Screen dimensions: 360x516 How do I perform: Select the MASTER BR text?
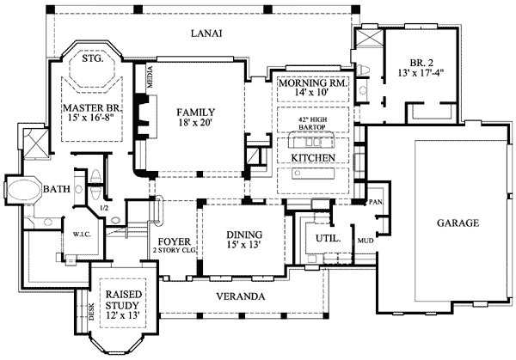[x=94, y=107]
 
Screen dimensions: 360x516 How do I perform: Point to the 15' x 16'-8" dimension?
[x=94, y=119]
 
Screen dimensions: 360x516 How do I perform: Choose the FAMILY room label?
[x=195, y=113]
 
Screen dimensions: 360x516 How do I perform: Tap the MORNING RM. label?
[x=312, y=82]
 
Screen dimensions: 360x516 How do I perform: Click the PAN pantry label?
[x=375, y=202]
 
